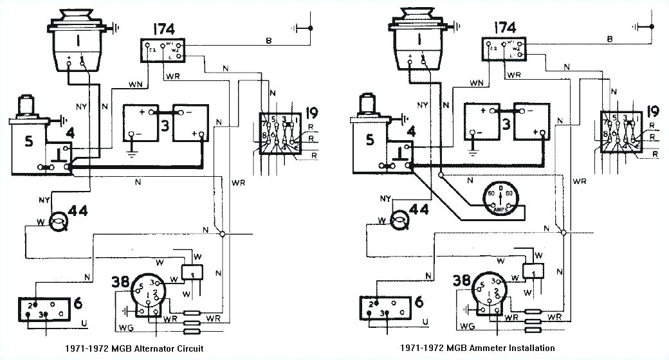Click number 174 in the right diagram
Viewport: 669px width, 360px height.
pos(504,28)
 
